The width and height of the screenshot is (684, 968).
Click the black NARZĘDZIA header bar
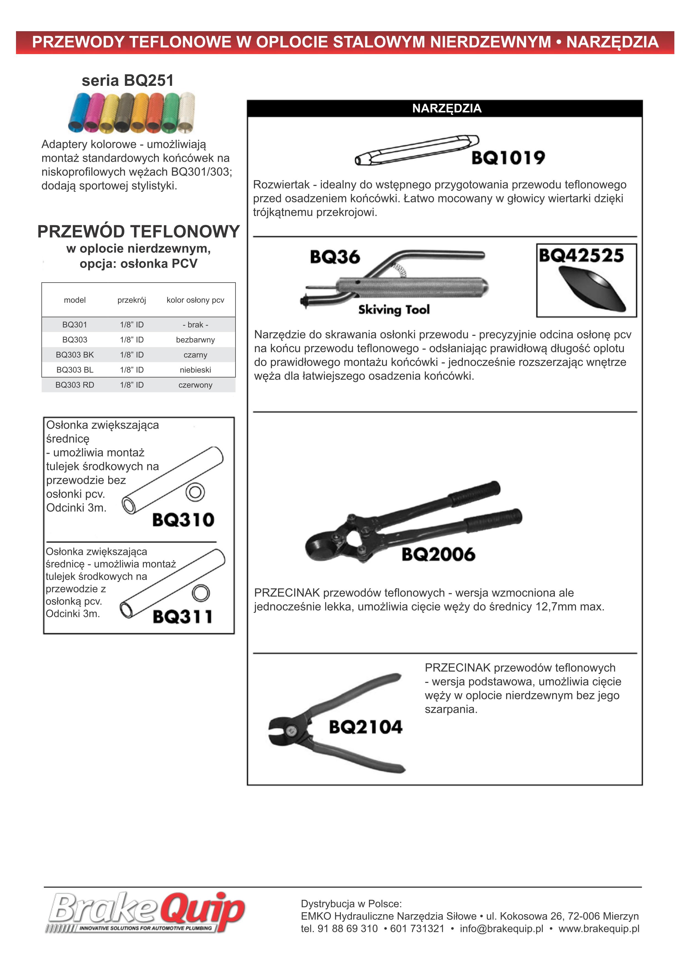click(446, 108)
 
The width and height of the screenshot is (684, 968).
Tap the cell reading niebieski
click(195, 370)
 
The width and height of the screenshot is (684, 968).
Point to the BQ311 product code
click(183, 616)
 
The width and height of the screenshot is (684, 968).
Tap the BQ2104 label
click(365, 727)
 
